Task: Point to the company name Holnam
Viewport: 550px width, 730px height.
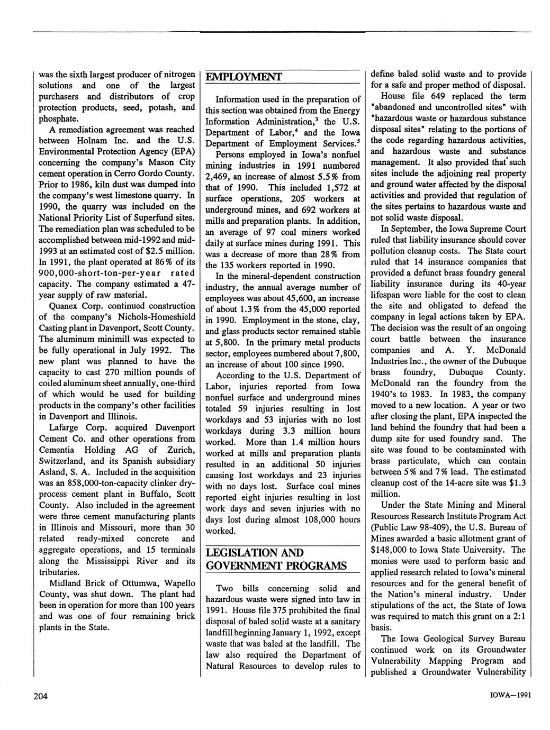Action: (x=106, y=141)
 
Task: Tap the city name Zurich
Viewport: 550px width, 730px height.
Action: (x=179, y=450)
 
